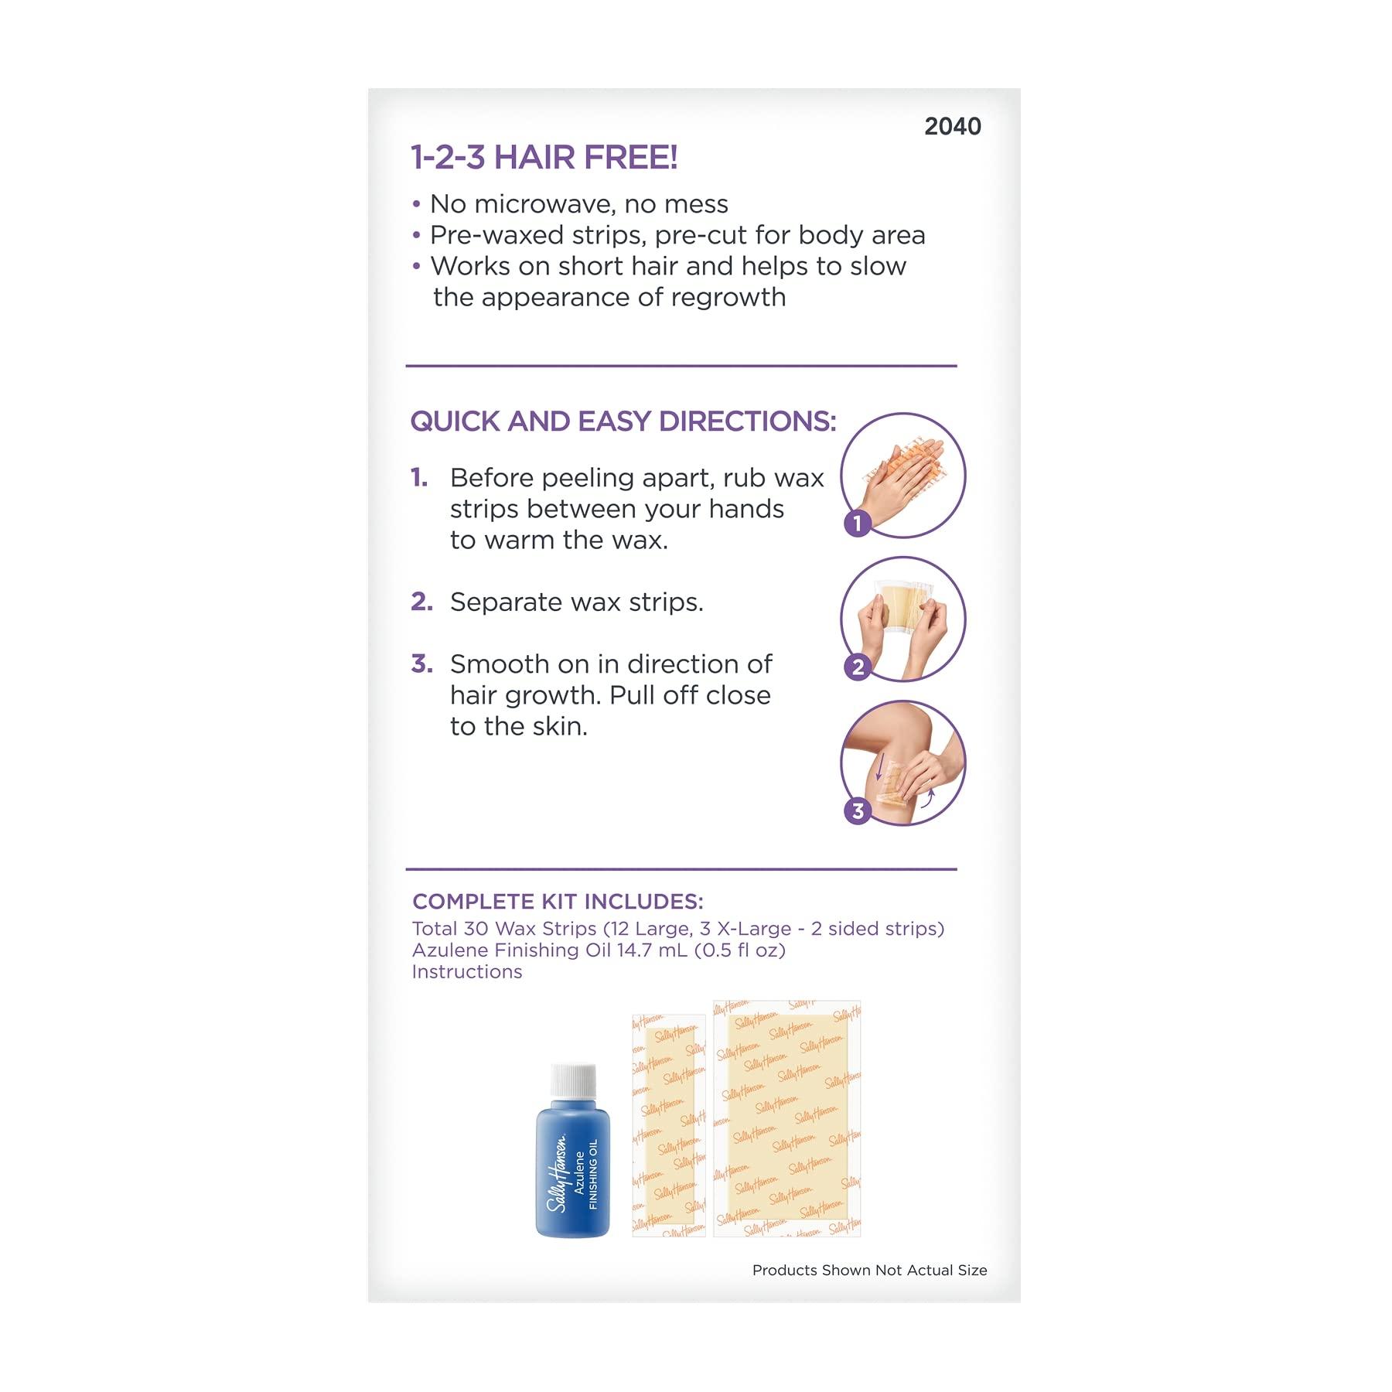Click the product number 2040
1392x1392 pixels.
point(952,126)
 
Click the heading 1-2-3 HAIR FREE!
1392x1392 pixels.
point(544,158)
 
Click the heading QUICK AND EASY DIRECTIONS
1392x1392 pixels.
point(623,421)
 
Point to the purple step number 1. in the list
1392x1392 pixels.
point(419,478)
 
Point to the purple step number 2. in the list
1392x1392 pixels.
point(421,602)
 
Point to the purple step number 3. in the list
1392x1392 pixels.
point(421,664)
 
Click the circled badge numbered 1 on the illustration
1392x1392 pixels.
point(858,524)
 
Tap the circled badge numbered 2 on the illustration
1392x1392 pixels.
point(858,667)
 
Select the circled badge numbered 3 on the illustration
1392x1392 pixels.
point(858,810)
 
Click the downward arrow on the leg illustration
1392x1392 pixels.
point(879,766)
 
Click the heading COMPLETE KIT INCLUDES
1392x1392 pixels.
point(558,902)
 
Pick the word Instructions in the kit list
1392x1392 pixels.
point(467,972)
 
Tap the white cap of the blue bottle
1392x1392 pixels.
point(573,1080)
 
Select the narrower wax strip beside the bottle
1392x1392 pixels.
point(669,1125)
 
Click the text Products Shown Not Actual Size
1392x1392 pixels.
point(869,1270)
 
